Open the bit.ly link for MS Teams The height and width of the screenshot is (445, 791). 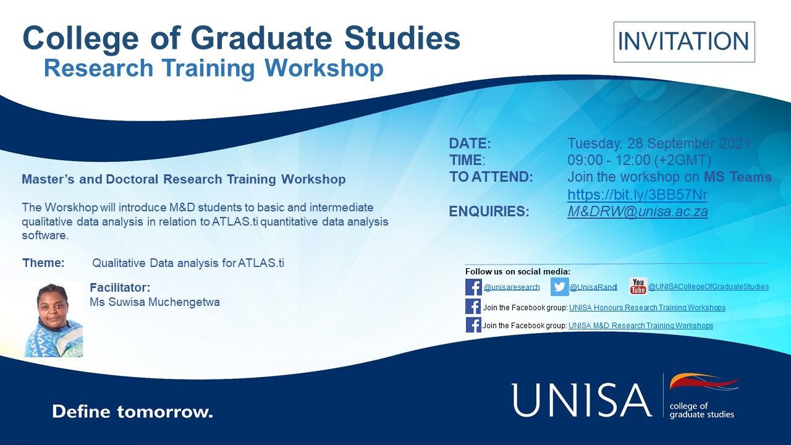(x=637, y=195)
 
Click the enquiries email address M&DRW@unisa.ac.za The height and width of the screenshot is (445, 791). (x=638, y=211)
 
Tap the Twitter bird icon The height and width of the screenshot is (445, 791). (x=560, y=287)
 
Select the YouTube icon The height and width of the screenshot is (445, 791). (x=638, y=286)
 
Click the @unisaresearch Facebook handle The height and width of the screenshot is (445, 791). (x=512, y=287)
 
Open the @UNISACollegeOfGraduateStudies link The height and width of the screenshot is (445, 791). (x=708, y=286)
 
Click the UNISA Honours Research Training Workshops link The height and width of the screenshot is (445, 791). (x=647, y=308)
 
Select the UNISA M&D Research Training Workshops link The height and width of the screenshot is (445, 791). (x=641, y=325)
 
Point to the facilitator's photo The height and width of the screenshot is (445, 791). (x=53, y=320)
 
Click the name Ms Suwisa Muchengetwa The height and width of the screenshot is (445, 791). (x=154, y=302)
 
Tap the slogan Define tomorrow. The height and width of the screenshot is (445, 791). (x=132, y=412)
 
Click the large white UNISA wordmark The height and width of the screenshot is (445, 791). (x=582, y=400)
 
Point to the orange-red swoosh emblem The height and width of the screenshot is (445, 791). (x=704, y=382)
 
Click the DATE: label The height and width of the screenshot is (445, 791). (x=470, y=144)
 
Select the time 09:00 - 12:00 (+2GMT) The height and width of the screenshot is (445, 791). (x=639, y=160)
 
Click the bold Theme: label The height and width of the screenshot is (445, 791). (x=43, y=263)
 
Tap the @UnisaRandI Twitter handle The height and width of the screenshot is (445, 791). (x=594, y=287)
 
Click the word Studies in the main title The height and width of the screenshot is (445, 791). (x=402, y=38)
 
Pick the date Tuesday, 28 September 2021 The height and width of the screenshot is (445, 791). (x=659, y=143)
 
